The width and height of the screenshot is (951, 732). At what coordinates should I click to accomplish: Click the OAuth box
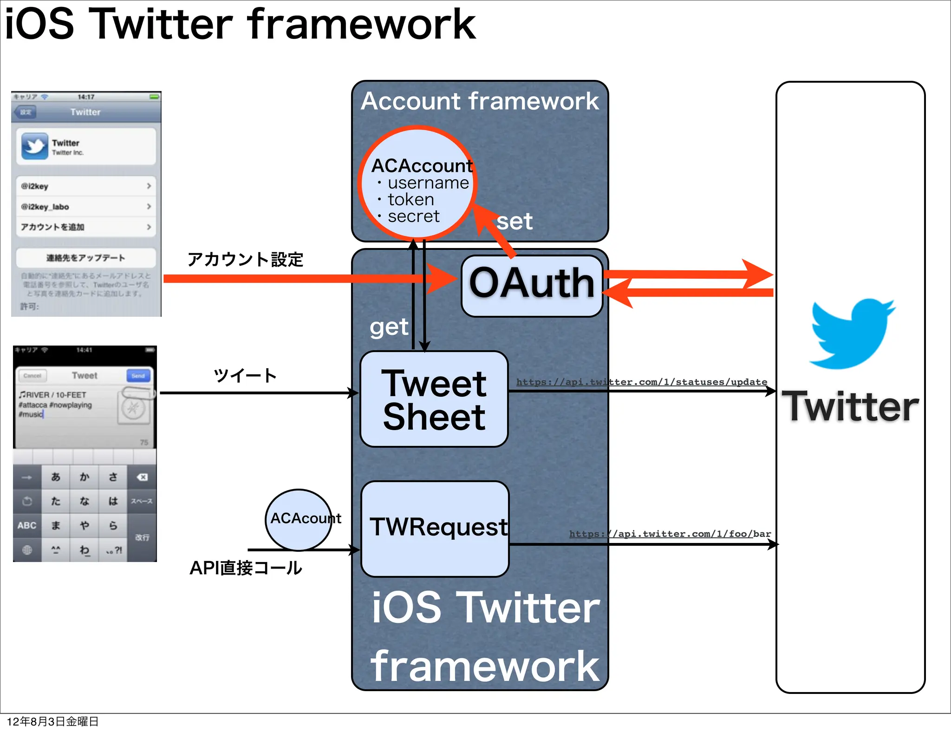[532, 285]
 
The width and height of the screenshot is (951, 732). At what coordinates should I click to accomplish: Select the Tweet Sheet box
[434, 399]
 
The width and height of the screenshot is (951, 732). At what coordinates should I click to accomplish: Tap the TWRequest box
[435, 529]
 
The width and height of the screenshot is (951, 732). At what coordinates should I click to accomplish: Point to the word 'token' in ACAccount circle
[411, 200]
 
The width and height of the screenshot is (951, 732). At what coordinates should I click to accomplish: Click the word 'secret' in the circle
[413, 216]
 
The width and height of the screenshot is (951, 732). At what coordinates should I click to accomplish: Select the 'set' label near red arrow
[514, 222]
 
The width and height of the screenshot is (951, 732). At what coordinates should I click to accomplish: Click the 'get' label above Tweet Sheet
[389, 327]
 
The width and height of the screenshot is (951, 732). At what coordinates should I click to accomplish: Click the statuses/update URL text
[641, 382]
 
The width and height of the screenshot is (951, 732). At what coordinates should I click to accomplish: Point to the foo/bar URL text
[670, 534]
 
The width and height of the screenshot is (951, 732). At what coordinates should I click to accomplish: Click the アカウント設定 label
[245, 260]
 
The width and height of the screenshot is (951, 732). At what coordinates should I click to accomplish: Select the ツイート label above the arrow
[245, 375]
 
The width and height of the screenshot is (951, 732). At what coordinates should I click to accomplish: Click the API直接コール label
[246, 568]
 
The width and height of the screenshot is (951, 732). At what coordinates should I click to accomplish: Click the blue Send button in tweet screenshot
[138, 376]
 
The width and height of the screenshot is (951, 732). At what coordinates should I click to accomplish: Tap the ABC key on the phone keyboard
[27, 525]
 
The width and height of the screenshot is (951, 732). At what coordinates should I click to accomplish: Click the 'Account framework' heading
[480, 101]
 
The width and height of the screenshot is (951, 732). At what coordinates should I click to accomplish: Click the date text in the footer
[52, 721]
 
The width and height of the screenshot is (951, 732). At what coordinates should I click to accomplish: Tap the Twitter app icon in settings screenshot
[35, 146]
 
